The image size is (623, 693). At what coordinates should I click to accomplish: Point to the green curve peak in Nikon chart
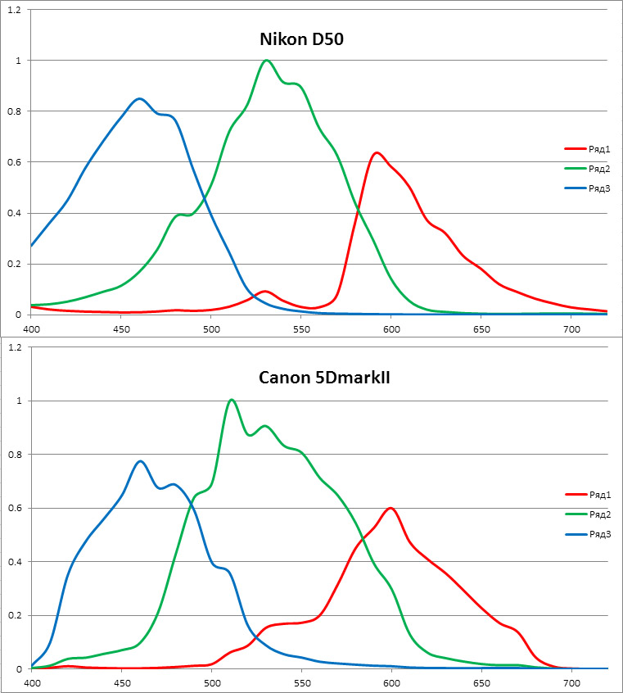pos(266,60)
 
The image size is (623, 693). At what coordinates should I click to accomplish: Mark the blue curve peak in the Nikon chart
pos(139,98)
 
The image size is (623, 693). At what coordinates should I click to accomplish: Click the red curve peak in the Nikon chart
pos(377,152)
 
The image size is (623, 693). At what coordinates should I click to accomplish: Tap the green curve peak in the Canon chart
pos(232,400)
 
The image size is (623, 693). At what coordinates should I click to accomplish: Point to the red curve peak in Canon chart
pos(391,508)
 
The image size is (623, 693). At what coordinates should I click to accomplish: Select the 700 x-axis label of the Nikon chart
pos(571,328)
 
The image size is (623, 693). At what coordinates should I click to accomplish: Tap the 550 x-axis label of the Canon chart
pos(301,682)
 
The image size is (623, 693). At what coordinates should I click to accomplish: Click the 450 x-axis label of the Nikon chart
pos(121,328)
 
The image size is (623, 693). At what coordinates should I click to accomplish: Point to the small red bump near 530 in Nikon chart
pos(264,291)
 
